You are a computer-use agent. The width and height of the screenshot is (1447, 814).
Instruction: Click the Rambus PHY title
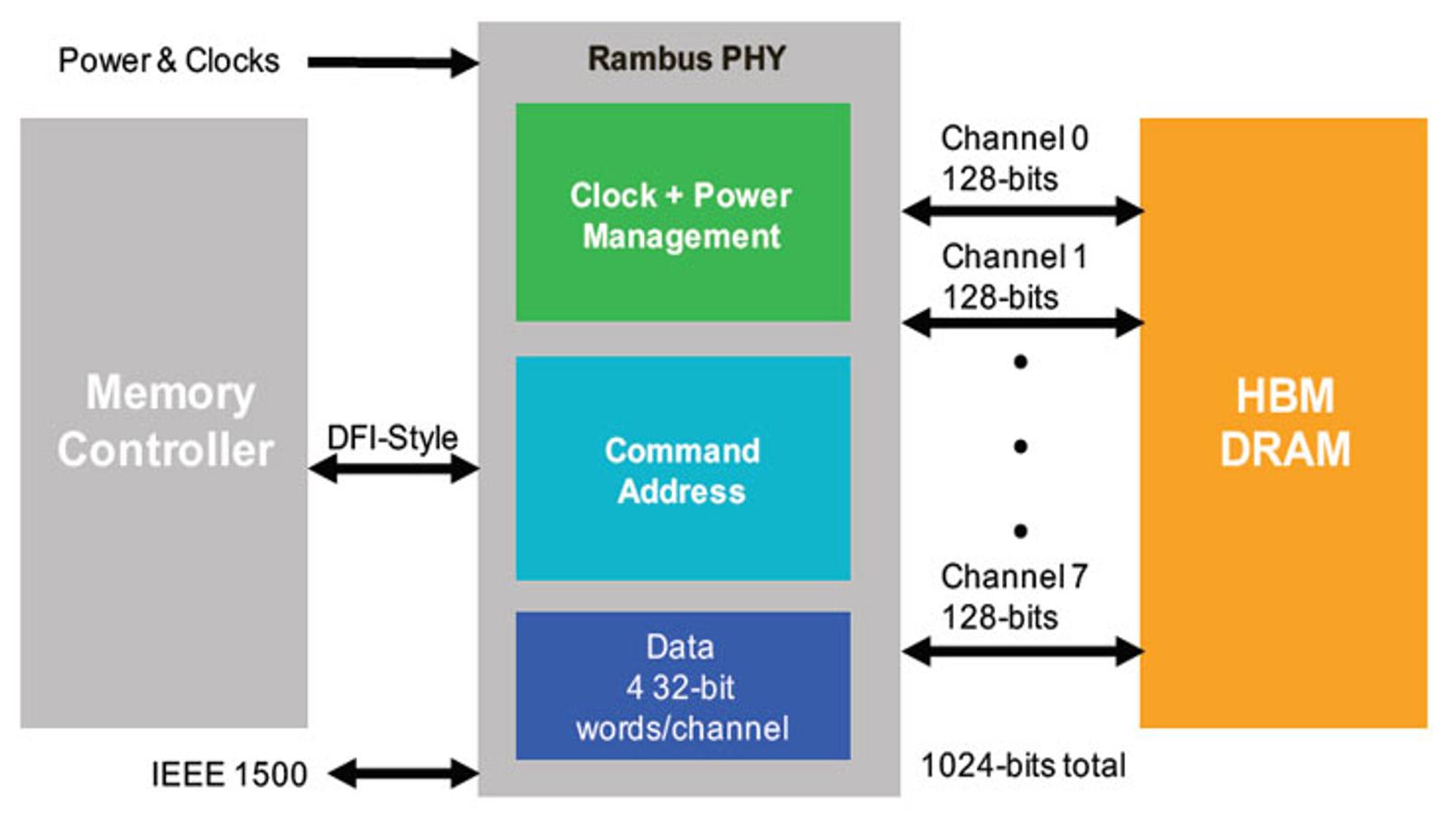pos(686,59)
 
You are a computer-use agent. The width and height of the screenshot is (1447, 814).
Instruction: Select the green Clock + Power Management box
pos(683,213)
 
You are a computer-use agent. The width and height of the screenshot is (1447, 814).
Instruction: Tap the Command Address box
pos(683,469)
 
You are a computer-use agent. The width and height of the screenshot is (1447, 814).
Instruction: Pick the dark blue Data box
pos(683,686)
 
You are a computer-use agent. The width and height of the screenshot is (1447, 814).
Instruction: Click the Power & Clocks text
pos(168,61)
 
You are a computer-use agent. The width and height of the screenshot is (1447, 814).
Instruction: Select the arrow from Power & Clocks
pos(393,62)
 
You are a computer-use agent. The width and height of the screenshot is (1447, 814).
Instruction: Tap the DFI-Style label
pos(392,438)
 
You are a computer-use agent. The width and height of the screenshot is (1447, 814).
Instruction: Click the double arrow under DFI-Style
pos(393,469)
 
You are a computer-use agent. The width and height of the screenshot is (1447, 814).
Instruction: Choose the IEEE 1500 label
pos(229,774)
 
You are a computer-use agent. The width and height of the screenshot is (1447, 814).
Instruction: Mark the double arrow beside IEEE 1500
pos(403,773)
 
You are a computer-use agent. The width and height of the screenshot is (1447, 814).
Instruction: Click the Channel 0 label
pos(1014,138)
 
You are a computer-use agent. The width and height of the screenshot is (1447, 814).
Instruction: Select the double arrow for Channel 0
pos(1023,211)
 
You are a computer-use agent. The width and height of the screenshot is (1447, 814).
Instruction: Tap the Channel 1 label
pos(1014,257)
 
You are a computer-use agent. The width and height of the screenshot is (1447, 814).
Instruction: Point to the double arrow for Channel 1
pos(1023,323)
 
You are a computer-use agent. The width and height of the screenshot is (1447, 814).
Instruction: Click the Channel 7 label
pos(1014,576)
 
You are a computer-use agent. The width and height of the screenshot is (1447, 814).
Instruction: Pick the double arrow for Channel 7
pos(1023,651)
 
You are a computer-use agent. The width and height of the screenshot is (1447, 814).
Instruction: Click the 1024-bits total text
pos(1023,765)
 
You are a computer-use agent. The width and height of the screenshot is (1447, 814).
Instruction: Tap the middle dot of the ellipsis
pos(1021,447)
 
